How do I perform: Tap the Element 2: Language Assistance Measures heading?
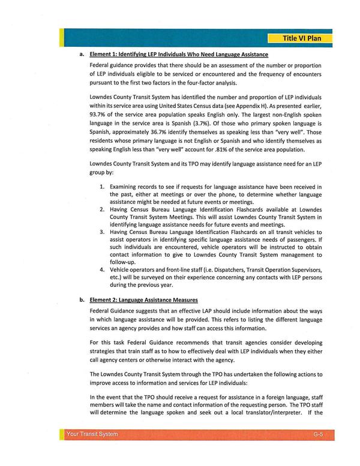144,299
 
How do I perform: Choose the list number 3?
102,232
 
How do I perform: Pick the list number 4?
102,270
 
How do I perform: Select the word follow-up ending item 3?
124,261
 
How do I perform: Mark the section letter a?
81,54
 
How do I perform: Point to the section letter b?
81,299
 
